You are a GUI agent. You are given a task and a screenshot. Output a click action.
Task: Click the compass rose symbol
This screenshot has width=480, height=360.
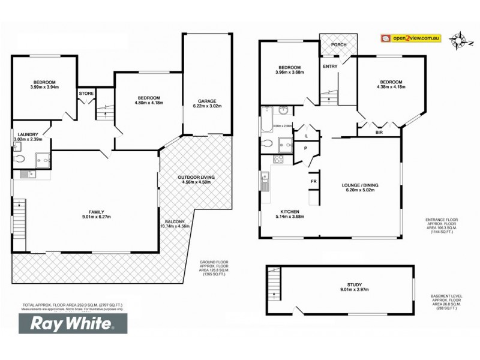click(460, 40)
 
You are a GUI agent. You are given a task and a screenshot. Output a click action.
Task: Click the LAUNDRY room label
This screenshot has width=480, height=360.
click(28, 134)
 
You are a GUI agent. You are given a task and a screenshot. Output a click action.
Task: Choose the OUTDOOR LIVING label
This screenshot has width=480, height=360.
click(196, 178)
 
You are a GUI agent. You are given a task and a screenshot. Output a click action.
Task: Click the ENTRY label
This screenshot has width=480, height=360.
click(329, 66)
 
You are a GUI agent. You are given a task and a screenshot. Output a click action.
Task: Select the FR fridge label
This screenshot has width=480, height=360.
click(313, 181)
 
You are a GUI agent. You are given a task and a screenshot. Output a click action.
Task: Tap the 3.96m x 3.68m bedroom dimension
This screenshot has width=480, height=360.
click(284, 74)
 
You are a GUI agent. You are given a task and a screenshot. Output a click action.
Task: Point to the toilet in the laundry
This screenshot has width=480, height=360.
click(19, 158)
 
